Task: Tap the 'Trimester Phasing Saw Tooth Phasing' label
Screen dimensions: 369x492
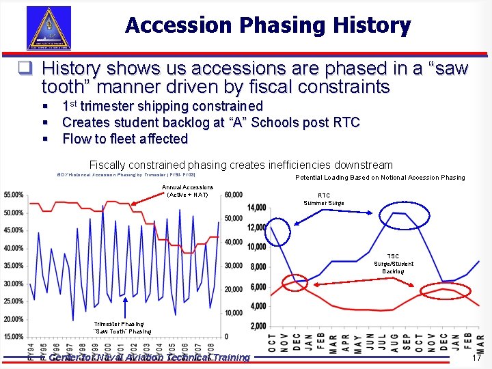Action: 122,327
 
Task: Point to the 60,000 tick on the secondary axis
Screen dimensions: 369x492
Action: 233,195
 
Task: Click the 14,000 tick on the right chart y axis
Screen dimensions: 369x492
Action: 257,208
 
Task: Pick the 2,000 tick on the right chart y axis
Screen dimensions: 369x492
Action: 258,326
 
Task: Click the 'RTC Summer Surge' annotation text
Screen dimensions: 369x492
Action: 324,199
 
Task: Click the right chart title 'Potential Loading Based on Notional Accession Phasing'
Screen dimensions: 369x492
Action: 379,178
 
